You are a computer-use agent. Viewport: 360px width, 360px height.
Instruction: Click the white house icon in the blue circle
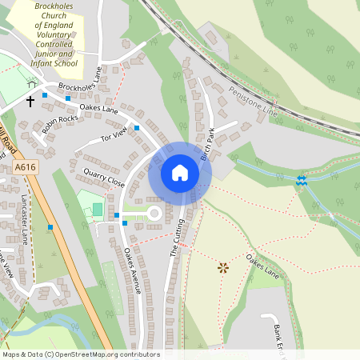180,173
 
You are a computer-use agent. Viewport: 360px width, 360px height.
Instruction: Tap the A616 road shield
26,167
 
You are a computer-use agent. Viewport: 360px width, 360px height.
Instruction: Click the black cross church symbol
30,102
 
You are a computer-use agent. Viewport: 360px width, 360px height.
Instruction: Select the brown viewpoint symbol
222,268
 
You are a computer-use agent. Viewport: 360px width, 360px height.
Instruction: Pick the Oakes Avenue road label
132,270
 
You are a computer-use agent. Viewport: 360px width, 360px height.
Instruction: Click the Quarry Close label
103,178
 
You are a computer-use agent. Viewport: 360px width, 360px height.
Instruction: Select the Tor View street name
114,137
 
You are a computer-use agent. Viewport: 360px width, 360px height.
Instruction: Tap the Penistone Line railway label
254,102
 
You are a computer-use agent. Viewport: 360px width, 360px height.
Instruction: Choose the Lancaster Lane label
25,218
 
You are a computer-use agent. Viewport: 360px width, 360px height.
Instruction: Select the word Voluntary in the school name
54,35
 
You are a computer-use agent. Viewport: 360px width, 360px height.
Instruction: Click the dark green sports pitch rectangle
98,210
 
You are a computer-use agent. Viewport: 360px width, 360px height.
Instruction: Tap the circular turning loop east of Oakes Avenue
153,214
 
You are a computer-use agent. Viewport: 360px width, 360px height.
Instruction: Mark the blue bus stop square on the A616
50,228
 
